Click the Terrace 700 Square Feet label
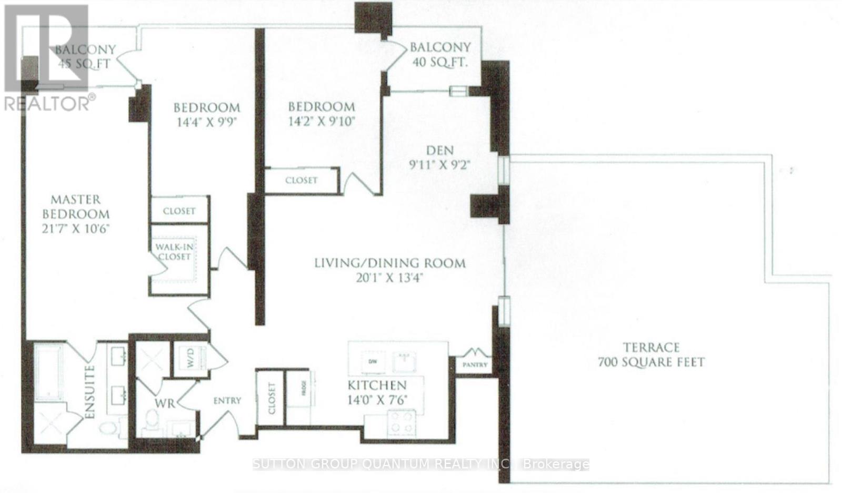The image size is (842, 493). (x=651, y=355)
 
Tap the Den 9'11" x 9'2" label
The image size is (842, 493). (x=439, y=157)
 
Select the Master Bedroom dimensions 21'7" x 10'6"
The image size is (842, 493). (x=76, y=229)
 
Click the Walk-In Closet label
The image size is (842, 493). (x=173, y=251)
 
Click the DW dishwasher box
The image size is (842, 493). (x=373, y=361)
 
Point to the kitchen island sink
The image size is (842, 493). (x=404, y=361)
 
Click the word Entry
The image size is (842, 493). (x=227, y=401)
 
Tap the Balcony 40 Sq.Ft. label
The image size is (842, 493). (x=440, y=54)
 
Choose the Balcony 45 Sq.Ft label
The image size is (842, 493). (x=85, y=56)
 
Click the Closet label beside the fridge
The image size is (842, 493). (x=271, y=399)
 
